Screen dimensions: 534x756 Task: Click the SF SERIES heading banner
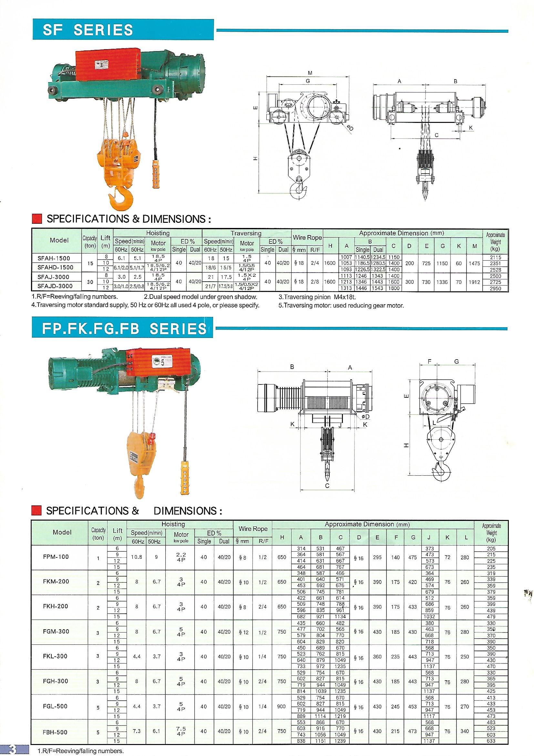123,30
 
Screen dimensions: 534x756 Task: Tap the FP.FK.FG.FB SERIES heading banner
122,328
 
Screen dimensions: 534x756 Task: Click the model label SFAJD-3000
55,286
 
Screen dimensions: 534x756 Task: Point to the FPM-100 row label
56,556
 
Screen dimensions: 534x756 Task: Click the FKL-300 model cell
55,663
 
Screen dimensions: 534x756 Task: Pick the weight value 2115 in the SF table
496,257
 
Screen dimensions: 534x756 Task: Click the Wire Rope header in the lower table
253,529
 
